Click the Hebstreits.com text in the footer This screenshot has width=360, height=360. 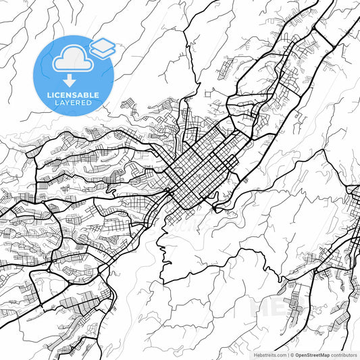[269, 354]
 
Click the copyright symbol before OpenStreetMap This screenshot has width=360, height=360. [292, 354]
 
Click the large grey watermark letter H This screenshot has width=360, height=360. [261, 307]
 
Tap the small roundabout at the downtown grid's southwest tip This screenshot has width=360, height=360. [168, 193]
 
